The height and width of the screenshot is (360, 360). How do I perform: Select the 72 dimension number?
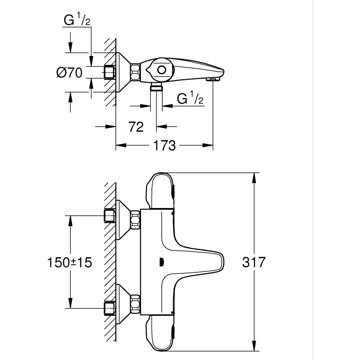click(136, 126)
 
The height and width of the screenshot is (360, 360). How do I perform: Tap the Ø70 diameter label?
click(69, 73)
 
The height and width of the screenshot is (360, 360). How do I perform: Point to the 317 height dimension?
click(253, 262)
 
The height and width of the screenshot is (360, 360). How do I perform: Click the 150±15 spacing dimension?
click(69, 262)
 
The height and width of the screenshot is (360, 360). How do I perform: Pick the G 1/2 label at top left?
click(77, 20)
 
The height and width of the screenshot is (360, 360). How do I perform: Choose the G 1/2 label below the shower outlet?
click(190, 98)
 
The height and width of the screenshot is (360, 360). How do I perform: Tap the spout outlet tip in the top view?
click(213, 79)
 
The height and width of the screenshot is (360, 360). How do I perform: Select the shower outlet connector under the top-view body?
click(156, 87)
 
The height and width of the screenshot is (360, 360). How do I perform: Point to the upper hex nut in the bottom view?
click(135, 220)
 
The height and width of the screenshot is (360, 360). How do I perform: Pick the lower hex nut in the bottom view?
click(135, 304)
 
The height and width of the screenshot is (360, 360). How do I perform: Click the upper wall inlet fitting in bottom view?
click(109, 216)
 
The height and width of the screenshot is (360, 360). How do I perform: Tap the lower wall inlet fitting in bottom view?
click(109, 308)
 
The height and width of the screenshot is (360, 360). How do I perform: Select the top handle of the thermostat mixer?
click(160, 191)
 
